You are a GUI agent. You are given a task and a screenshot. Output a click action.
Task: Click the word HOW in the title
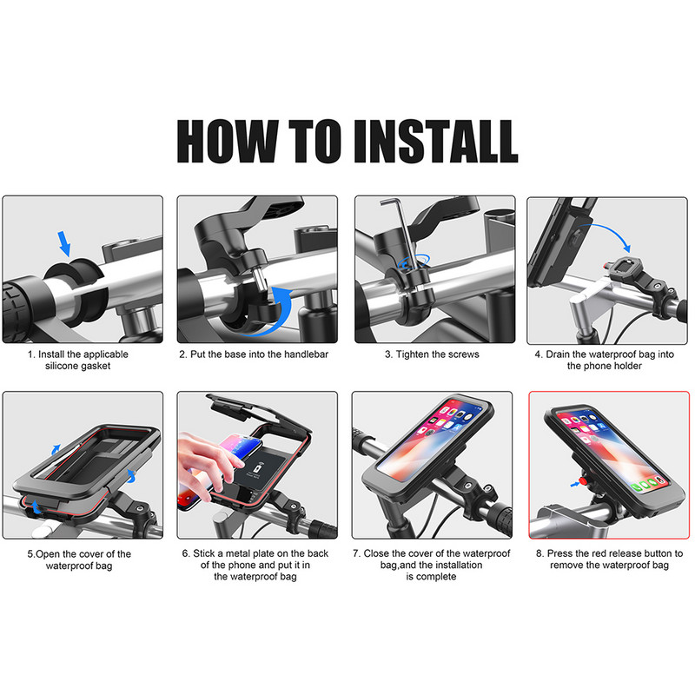coord(228,142)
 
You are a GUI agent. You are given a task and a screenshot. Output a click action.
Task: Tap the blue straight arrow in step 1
coord(64,243)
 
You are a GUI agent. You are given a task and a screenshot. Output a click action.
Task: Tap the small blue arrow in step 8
coord(575,485)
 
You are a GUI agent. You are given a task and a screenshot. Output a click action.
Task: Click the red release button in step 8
coord(584,481)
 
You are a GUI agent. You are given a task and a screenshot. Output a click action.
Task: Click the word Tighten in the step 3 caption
coord(412,354)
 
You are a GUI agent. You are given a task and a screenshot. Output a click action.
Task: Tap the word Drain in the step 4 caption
coord(557,354)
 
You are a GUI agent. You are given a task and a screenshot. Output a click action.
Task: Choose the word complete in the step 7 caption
coord(437,577)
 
